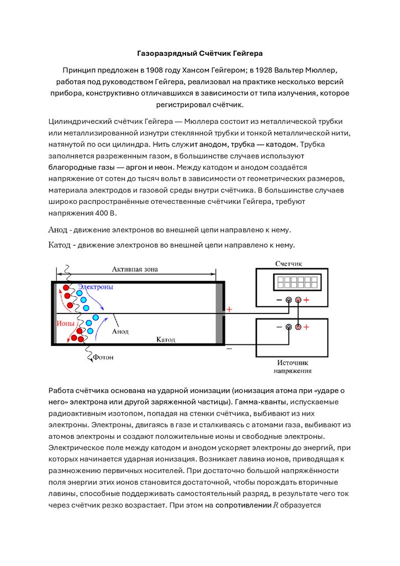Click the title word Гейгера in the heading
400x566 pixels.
(x=248, y=54)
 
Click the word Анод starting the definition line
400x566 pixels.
(x=57, y=229)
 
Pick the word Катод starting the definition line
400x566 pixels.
(x=59, y=244)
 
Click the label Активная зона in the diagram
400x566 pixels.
(x=135, y=269)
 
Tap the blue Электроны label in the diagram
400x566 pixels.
(x=95, y=287)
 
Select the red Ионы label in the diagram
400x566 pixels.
(x=65, y=322)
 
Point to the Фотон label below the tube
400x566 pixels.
(x=103, y=357)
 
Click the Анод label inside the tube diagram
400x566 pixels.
(x=120, y=332)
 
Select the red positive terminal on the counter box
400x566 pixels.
(x=298, y=300)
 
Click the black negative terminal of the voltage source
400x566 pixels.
(x=288, y=327)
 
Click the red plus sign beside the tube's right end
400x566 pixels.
(x=230, y=310)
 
